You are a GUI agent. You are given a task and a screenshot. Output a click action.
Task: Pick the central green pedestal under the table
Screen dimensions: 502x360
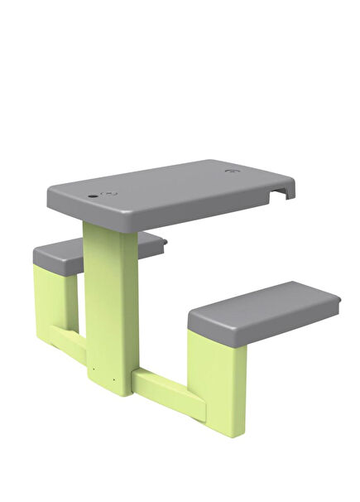pos(111,307)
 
